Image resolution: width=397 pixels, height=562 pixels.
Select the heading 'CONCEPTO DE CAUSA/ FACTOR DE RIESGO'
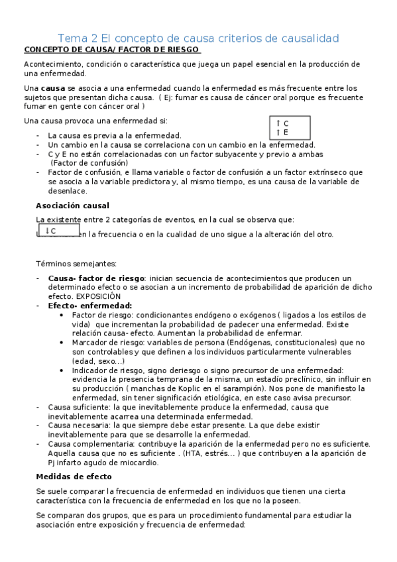click(x=112, y=50)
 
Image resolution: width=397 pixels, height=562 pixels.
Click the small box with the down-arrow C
click(x=59, y=231)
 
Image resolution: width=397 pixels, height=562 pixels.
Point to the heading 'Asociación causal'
click(x=72, y=205)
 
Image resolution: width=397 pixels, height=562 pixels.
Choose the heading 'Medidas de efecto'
click(x=74, y=477)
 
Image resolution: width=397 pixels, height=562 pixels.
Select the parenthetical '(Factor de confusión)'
click(x=89, y=163)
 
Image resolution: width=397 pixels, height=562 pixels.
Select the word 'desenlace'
click(x=68, y=191)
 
